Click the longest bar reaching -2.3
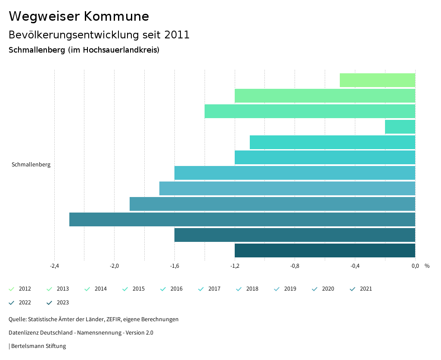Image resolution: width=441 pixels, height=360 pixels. tap(242, 219)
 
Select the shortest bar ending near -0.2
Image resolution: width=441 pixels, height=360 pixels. tap(400, 127)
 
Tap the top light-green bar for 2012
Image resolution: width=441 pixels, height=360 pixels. tap(377, 80)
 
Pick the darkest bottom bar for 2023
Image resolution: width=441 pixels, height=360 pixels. tap(325, 250)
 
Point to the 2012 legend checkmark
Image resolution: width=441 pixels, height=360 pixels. tap(12, 289)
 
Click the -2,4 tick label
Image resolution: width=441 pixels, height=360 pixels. tap(54, 266)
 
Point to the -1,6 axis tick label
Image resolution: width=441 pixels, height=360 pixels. tap(174, 266)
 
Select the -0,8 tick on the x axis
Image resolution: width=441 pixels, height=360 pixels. tap(295, 266)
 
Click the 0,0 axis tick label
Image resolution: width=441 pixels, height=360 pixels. tap(415, 266)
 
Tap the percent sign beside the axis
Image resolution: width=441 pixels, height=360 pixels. tap(427, 266)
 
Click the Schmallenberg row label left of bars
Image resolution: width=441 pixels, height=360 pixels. tap(31, 165)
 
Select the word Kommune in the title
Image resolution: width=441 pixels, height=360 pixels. tap(117, 16)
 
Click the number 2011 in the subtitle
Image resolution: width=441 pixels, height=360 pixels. tap(177, 35)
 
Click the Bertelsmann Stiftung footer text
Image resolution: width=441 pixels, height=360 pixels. tap(38, 346)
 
